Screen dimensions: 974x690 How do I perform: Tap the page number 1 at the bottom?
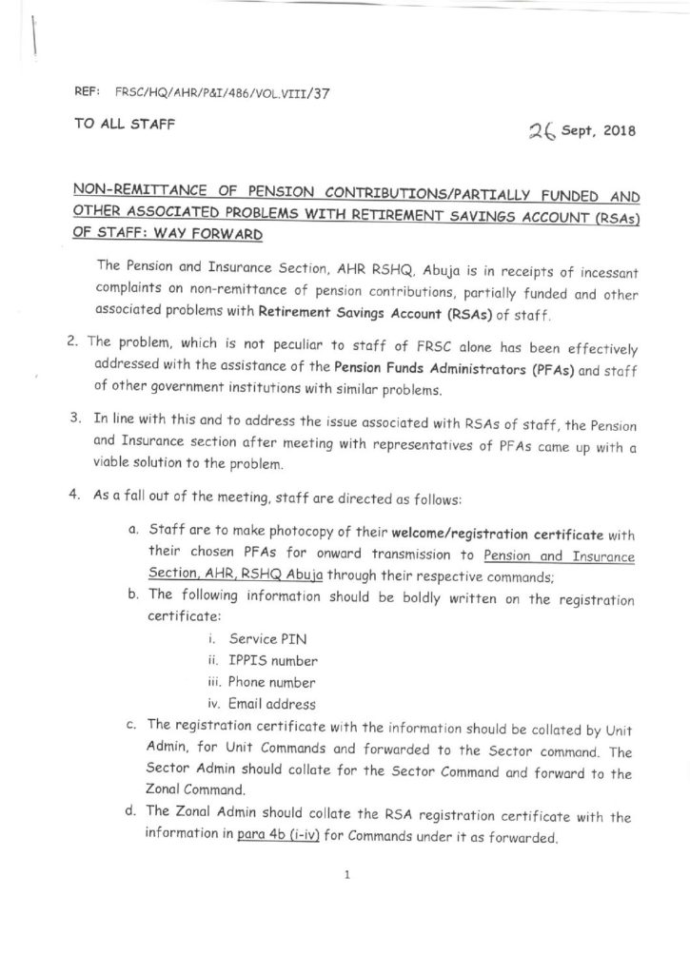point(348,875)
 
